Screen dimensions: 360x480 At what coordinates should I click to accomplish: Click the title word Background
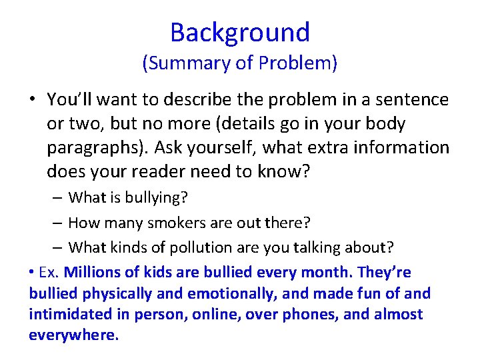240,32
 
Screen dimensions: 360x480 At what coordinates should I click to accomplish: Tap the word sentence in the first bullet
413,100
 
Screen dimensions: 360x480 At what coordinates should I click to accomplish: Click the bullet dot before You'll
32,101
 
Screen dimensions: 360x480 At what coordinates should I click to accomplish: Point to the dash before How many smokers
58,223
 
